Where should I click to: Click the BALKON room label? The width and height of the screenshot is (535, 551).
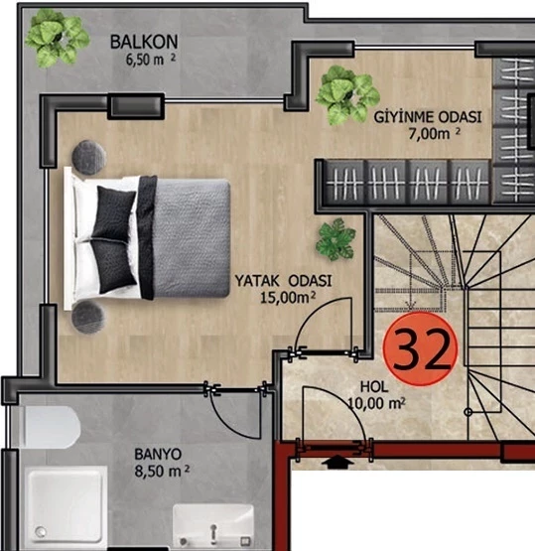pyautogui.click(x=144, y=42)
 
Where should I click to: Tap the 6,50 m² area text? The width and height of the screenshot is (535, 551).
pyautogui.click(x=150, y=60)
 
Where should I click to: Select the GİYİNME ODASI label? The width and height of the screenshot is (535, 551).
pyautogui.click(x=427, y=117)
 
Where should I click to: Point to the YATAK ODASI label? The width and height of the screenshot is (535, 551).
pyautogui.click(x=283, y=281)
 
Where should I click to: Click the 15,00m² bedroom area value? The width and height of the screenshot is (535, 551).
pyautogui.click(x=288, y=298)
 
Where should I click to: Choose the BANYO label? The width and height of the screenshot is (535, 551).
pyautogui.click(x=158, y=455)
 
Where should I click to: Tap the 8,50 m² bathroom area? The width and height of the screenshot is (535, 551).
pyautogui.click(x=162, y=471)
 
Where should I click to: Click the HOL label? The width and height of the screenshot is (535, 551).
pyautogui.click(x=374, y=387)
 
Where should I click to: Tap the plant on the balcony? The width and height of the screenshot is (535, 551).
pyautogui.click(x=57, y=38)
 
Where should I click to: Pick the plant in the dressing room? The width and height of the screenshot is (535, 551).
pyautogui.click(x=347, y=95)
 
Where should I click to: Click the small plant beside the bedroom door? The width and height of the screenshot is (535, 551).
pyautogui.click(x=335, y=239)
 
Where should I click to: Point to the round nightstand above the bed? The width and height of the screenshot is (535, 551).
pyautogui.click(x=89, y=157)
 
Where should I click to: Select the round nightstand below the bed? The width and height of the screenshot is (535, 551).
pyautogui.click(x=88, y=318)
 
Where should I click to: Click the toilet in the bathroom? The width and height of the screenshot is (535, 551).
pyautogui.click(x=51, y=427)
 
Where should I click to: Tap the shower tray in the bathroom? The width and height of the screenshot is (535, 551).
pyautogui.click(x=67, y=505)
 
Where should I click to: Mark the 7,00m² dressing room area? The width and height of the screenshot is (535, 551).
pyautogui.click(x=434, y=134)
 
